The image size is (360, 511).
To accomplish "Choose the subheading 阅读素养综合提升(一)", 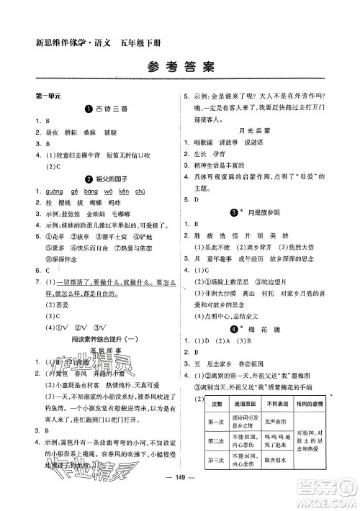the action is point(104,320).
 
